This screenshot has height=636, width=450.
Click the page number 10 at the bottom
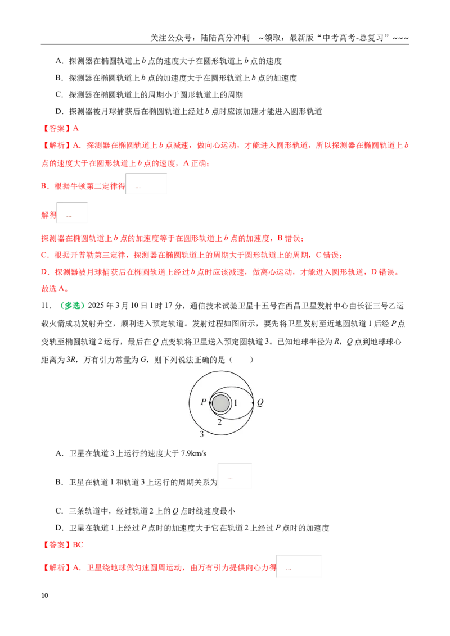pos(44,596)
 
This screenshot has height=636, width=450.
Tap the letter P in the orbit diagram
pos(204,402)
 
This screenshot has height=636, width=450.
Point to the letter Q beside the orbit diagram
pos(260,402)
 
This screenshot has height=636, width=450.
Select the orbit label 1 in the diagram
pos(236,403)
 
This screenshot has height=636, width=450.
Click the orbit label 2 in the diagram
pos(220,423)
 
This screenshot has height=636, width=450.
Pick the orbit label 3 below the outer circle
pos(202,434)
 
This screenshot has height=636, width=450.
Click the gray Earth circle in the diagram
pos(220,403)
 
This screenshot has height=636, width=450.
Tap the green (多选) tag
pos(69,306)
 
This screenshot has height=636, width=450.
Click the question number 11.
pos(46,306)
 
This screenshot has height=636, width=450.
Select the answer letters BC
pos(78,545)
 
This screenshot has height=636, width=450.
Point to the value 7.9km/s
pos(193,453)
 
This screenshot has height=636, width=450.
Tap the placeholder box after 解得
pos(72,213)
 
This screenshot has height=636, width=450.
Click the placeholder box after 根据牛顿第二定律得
pos(146,184)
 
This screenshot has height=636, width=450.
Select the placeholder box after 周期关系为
pos(235,476)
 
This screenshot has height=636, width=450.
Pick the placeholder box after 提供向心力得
pos(299,566)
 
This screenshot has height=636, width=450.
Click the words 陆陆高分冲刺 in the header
pos(225,38)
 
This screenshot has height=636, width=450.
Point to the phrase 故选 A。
pos(55,289)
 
